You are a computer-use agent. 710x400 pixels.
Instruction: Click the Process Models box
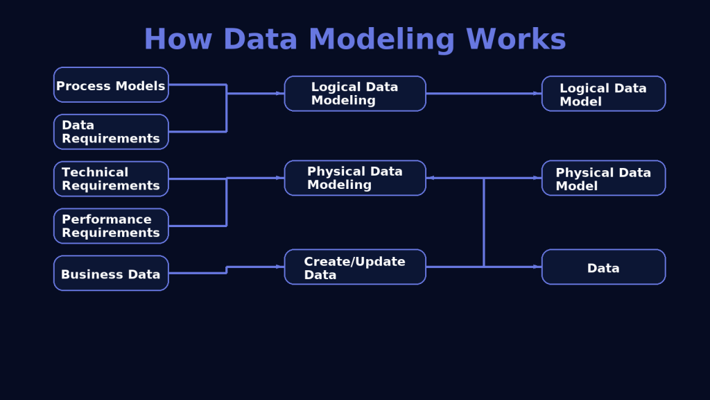[111, 85]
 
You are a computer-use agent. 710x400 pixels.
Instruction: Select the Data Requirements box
[111, 132]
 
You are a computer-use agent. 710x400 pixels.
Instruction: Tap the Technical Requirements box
[111, 179]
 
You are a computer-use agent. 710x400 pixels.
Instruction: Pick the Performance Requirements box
[111, 226]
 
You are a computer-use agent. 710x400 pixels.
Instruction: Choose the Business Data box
[111, 274]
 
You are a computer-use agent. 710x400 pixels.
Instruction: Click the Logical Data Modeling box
[355, 94]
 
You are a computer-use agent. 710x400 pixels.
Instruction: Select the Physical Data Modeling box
[355, 178]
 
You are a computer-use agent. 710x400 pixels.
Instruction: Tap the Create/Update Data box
[355, 267]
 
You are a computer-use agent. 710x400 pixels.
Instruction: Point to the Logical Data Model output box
[603, 94]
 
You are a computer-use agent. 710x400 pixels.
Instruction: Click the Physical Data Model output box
[603, 178]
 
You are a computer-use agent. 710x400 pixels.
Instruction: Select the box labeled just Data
[603, 267]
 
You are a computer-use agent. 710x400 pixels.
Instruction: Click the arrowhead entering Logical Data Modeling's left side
[280, 93]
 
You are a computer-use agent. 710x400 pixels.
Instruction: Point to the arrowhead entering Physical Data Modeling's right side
[431, 178]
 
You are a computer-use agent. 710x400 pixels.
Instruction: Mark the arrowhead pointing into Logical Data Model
[537, 93]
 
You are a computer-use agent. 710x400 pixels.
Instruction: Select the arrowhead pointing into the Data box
[537, 267]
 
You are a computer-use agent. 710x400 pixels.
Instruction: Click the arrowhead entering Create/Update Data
[280, 267]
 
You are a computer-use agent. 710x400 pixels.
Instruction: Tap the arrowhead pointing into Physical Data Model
[537, 178]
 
